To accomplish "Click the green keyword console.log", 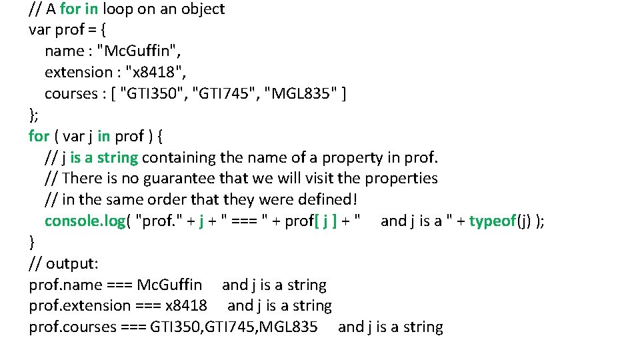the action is pos(85,221).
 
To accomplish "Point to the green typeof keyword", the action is pos(493,221).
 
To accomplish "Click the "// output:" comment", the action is pos(64,263).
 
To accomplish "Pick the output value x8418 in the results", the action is pos(186,306).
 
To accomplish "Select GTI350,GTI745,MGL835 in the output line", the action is pos(234,327).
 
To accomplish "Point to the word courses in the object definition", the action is pos(71,94).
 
